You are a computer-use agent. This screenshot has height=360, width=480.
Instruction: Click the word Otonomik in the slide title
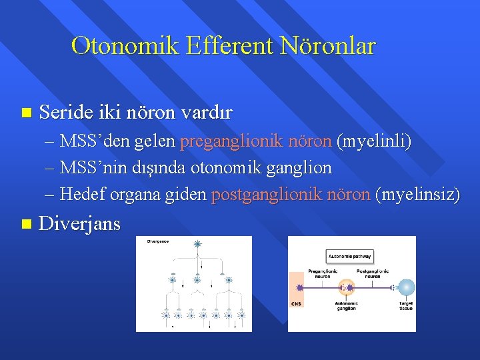126,46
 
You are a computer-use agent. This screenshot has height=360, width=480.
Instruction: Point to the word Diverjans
80,223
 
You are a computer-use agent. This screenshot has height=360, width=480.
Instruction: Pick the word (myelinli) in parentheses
374,141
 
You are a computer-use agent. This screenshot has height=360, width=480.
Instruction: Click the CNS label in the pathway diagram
295,303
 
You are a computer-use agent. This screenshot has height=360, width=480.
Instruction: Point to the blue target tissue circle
406,288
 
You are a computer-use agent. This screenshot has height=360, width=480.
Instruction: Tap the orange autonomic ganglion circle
346,288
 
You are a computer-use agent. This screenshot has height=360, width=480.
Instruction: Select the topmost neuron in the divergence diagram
197,245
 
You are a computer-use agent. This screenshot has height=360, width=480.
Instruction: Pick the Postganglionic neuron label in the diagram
373,273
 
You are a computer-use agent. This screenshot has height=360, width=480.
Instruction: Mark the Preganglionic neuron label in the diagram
323,273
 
